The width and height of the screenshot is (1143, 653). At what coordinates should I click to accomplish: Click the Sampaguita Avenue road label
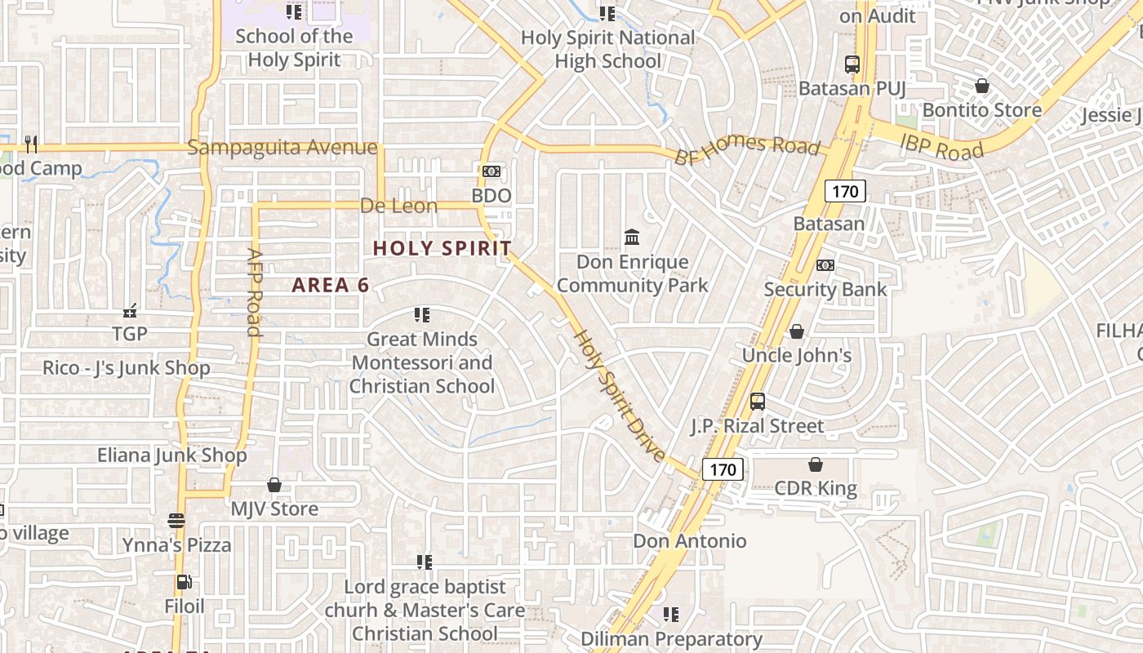click(282, 148)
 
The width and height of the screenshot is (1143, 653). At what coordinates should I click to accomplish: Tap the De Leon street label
click(399, 206)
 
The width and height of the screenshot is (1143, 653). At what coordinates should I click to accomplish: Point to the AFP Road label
click(254, 291)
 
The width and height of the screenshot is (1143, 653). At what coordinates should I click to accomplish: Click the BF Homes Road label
click(746, 145)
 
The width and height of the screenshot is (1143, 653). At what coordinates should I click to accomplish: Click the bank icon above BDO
click(491, 171)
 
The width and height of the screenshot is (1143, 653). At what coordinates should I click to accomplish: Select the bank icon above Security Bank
click(825, 265)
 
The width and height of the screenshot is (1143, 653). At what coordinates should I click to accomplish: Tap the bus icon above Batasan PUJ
click(852, 64)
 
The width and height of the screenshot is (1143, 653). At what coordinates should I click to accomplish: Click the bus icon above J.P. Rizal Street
click(758, 402)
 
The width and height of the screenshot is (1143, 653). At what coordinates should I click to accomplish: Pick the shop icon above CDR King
click(815, 464)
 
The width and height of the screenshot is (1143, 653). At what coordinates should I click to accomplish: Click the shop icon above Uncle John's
click(796, 331)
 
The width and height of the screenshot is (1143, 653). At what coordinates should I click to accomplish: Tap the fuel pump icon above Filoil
click(185, 582)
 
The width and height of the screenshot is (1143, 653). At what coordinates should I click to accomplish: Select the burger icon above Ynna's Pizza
click(176, 520)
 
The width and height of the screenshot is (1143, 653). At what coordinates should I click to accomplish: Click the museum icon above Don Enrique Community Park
click(632, 237)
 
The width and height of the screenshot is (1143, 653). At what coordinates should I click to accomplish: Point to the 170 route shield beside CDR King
click(723, 469)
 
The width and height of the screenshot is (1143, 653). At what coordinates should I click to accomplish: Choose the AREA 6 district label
click(331, 285)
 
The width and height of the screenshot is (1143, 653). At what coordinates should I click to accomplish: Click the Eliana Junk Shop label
click(172, 455)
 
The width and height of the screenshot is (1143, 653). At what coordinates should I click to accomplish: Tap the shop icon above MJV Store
click(274, 485)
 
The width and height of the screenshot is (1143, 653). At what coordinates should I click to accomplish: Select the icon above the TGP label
click(130, 310)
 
